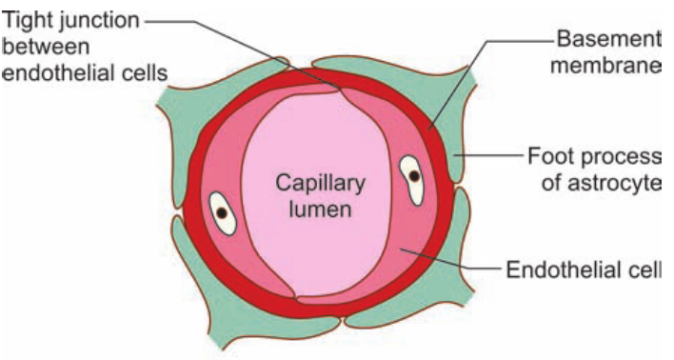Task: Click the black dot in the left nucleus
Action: [x=222, y=212]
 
